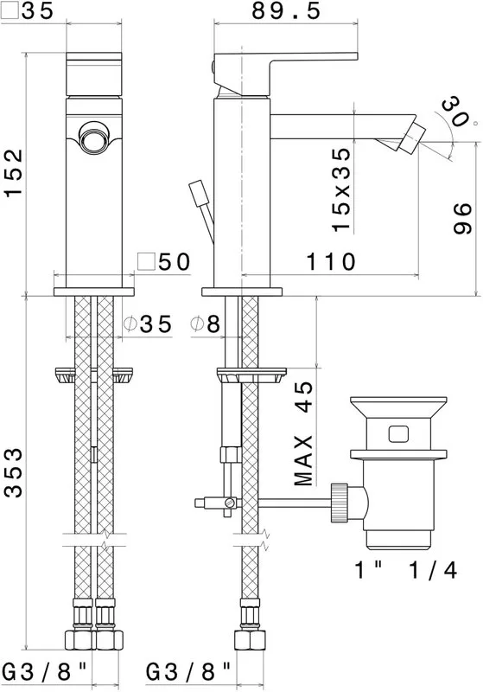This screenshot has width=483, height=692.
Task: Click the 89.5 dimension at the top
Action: click(286, 10)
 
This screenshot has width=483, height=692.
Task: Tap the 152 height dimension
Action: click(13, 174)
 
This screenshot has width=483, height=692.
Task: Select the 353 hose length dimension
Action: click(13, 472)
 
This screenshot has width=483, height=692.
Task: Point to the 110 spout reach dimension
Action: click(331, 262)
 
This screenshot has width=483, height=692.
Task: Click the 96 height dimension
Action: click(463, 219)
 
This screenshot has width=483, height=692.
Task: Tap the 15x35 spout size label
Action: click(341, 189)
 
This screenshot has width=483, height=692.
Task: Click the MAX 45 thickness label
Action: click(303, 433)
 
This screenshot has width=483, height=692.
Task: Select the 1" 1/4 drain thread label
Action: click(406, 570)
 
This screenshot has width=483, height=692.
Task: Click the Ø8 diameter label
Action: click(206, 324)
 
